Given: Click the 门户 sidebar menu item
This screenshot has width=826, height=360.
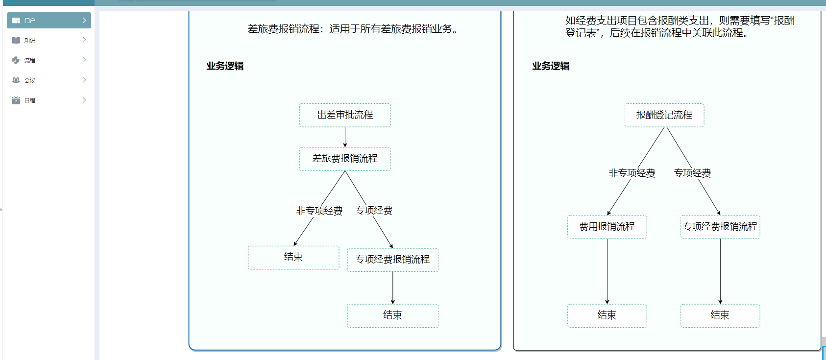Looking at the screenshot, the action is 49,20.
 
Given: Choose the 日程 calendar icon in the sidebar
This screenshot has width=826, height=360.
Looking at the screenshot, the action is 16,100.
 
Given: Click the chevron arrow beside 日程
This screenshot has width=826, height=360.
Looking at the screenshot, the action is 84,100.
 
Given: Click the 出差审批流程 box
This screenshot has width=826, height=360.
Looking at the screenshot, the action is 345,115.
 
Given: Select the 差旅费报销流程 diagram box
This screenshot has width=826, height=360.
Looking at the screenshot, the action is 345,159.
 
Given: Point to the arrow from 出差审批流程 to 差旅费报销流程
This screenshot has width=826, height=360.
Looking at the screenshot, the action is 345,137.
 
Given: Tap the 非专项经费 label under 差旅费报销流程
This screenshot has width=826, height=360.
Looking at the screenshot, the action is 319,211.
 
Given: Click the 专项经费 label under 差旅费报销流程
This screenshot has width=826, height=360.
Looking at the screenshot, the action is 374,211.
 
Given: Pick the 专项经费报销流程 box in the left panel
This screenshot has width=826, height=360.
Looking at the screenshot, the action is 393,260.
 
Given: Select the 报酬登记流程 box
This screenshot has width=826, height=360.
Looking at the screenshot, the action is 664,115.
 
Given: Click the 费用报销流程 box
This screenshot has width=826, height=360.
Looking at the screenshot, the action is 607,227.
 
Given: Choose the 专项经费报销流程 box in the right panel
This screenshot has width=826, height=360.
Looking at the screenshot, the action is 720,227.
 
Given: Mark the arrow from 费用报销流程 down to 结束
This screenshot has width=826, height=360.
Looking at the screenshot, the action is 607,271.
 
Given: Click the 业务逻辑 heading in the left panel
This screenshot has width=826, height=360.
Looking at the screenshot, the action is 225,66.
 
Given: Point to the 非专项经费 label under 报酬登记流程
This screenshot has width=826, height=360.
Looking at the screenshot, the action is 632,173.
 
